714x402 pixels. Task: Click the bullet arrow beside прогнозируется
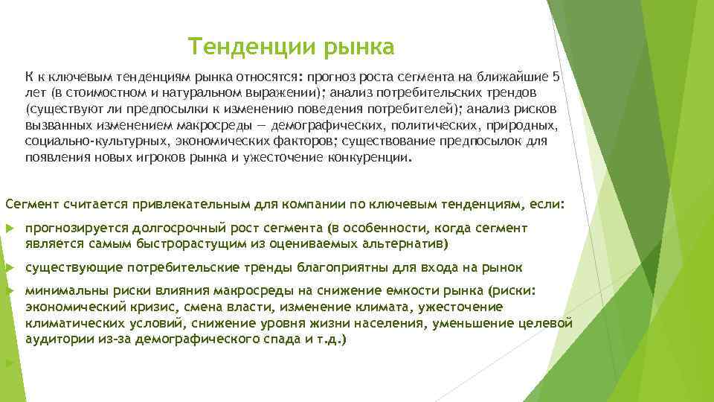[x=9, y=229]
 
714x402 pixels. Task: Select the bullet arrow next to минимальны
[x=9, y=291]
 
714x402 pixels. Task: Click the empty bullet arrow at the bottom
[x=9, y=363]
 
